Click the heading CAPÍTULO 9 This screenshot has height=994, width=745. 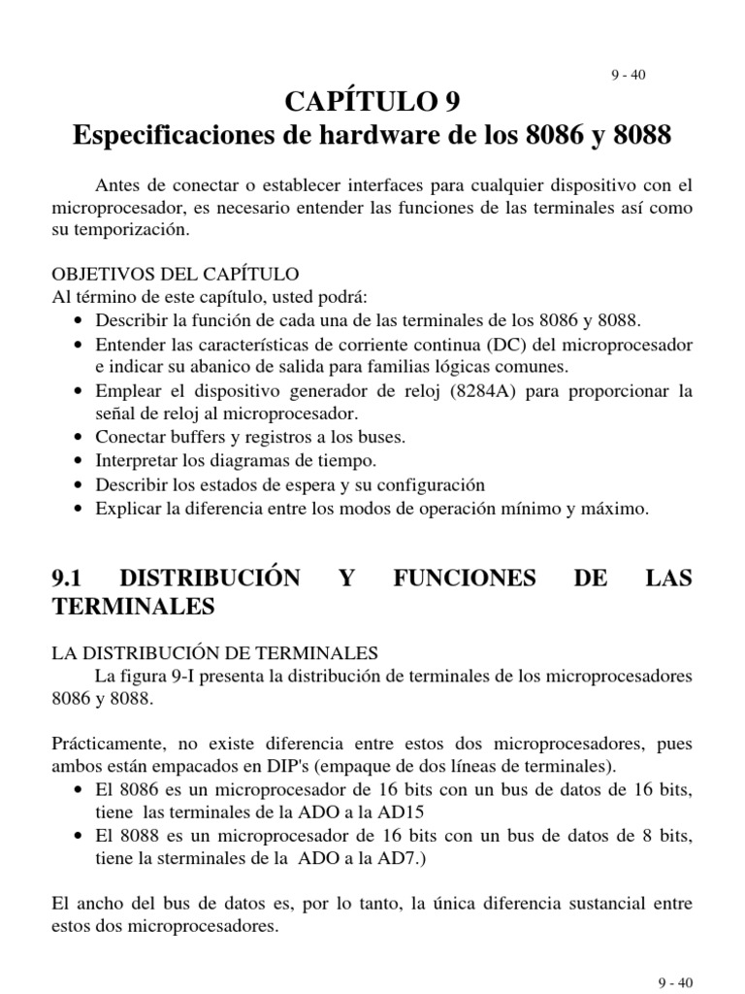coord(372,101)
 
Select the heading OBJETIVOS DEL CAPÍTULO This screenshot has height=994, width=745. coord(176,274)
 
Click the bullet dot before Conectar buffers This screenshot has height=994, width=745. coord(79,438)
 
